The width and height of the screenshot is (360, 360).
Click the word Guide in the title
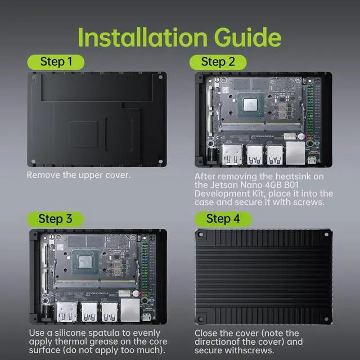coord(247,38)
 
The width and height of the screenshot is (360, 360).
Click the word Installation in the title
coord(142,38)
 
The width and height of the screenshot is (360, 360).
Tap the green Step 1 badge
coord(56,62)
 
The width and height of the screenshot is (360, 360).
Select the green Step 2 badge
coord(218,62)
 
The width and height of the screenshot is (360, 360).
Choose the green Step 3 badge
coord(55,219)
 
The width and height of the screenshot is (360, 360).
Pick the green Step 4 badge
coord(223,219)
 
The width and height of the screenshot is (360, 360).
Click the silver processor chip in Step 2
coord(250,104)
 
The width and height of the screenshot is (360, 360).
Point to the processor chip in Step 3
coord(85,262)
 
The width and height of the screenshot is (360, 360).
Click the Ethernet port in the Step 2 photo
coord(295,153)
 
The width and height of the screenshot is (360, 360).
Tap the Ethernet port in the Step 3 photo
coord(130,310)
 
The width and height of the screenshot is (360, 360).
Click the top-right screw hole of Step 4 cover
coord(326,235)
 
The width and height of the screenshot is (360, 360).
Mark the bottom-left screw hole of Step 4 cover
coord(200,319)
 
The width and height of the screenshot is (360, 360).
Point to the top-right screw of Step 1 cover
coord(161,77)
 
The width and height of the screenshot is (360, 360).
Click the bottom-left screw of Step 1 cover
coord(33,161)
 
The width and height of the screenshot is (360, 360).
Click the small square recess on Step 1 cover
coord(83,134)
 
